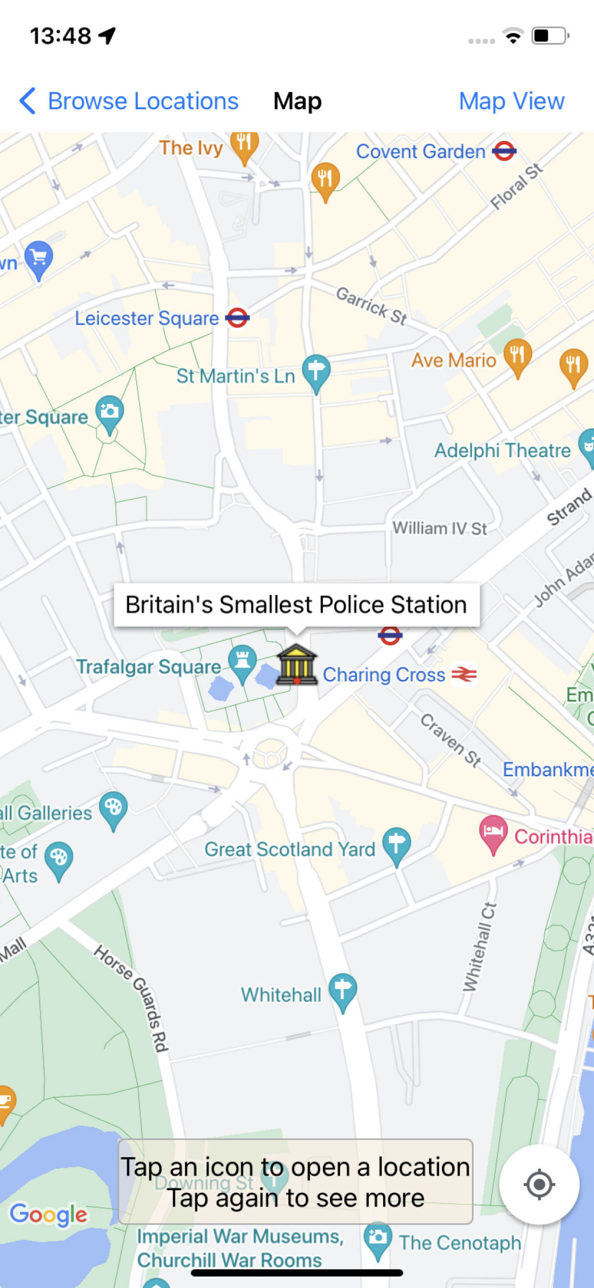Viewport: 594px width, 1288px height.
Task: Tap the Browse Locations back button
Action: tap(129, 101)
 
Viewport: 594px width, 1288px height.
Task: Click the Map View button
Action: tap(511, 101)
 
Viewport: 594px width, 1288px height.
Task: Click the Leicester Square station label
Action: tap(146, 318)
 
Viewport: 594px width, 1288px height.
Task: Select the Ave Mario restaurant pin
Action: tap(517, 355)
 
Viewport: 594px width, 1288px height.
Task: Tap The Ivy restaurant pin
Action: tap(244, 146)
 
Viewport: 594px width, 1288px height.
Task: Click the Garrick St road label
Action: tap(371, 305)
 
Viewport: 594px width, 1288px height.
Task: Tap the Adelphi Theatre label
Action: tap(502, 451)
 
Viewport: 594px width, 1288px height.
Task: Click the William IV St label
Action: tap(439, 528)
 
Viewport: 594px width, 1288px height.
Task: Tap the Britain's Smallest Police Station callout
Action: tap(296, 604)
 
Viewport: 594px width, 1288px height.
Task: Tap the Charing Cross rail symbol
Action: tap(464, 674)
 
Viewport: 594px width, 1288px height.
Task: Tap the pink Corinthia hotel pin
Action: tap(493, 832)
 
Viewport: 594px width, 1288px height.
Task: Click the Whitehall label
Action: tap(281, 995)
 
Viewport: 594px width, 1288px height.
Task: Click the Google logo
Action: tap(48, 1214)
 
